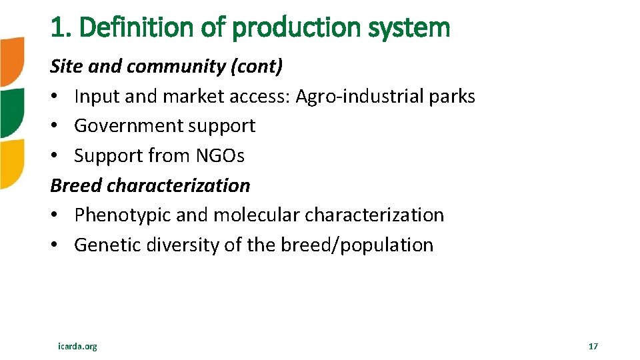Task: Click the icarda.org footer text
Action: coord(77,346)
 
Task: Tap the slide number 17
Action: coord(593,346)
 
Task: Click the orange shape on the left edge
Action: coord(11,61)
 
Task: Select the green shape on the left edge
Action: coord(11,112)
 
